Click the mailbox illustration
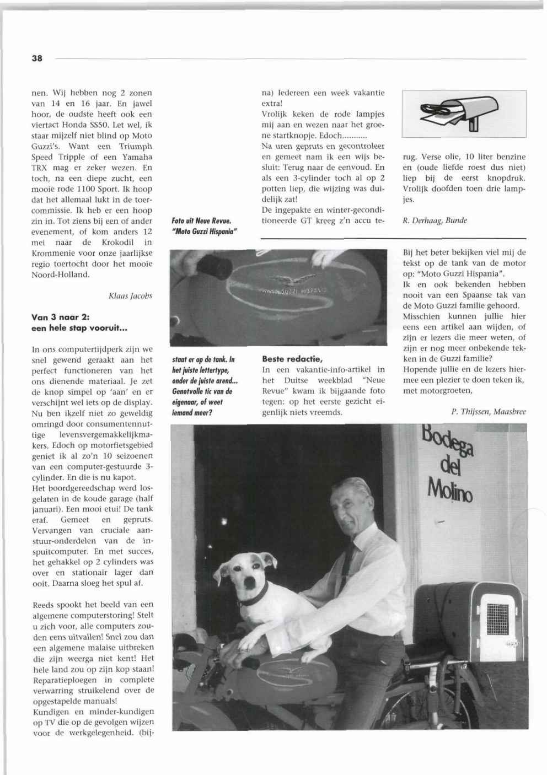pos(464,114)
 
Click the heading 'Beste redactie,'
pos(292,359)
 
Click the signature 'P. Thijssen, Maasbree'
pos(488,411)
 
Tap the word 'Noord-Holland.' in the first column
pos(61,274)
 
